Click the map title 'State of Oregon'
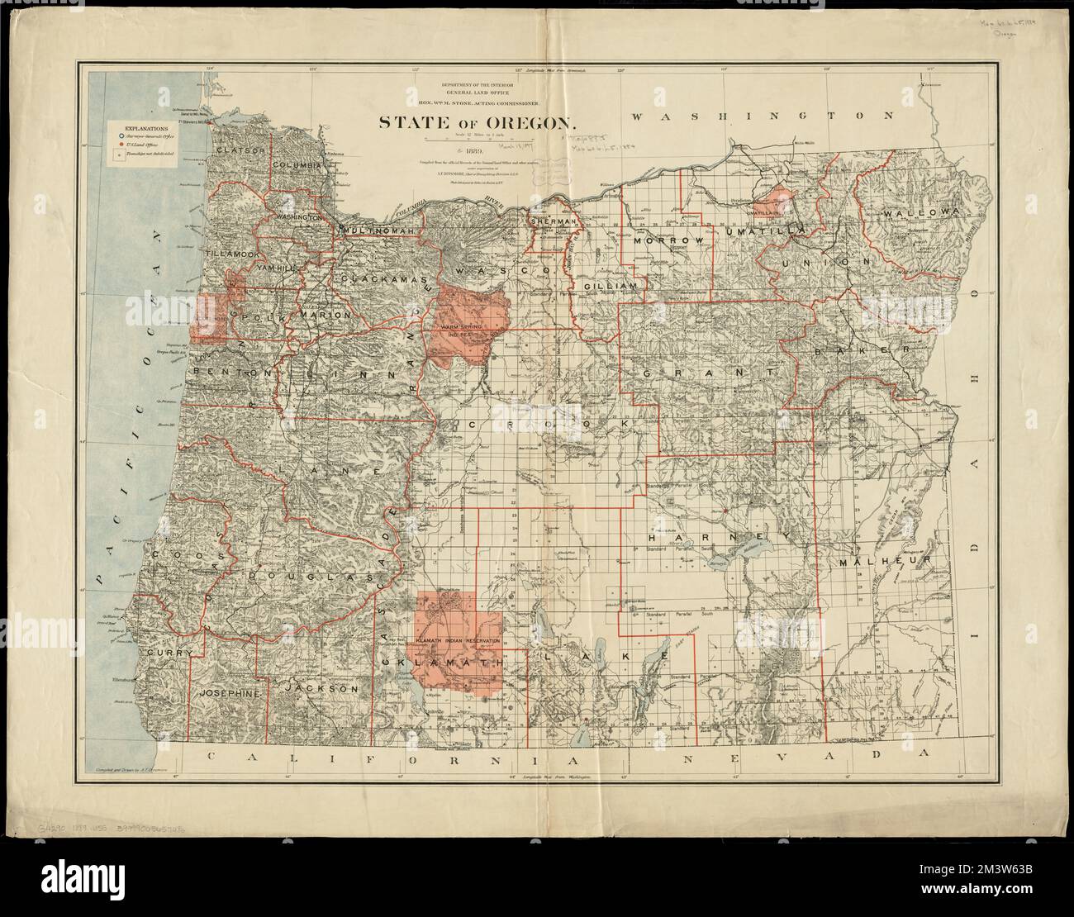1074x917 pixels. [477, 122]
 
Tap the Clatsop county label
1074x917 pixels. [239, 150]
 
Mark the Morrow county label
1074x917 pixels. [668, 240]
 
